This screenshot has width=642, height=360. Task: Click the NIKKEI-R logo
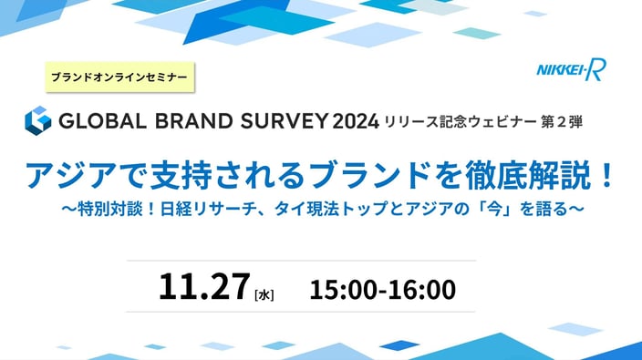571,70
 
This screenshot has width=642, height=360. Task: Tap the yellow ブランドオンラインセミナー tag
119,77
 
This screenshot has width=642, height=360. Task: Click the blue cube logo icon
38,120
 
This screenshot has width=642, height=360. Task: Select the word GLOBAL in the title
102,121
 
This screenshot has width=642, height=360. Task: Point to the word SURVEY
285,121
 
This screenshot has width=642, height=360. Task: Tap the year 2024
356,121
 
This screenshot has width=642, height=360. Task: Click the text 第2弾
562,122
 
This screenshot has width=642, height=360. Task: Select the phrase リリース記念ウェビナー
460,122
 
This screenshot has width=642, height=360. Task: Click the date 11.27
204,287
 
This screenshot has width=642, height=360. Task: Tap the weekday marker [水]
264,294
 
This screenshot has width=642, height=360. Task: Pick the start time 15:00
343,290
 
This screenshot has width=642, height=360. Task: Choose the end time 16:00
421,290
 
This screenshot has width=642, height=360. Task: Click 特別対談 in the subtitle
109,209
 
